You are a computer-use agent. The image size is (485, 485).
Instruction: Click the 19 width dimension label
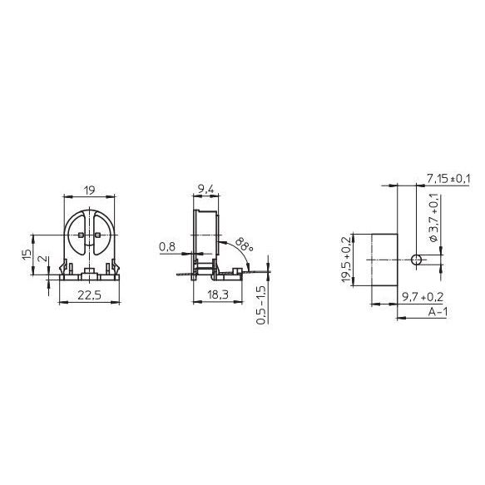tap(89, 191)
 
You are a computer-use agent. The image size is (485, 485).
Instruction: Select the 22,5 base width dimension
tap(89, 295)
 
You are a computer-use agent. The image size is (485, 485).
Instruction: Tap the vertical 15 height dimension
tap(27, 255)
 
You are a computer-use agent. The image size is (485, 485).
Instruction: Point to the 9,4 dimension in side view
tap(205, 189)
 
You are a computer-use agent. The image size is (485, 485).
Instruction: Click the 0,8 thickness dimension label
tap(167, 247)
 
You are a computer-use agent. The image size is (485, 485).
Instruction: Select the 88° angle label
tap(245, 245)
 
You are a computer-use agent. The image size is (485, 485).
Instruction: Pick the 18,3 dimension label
tap(218, 294)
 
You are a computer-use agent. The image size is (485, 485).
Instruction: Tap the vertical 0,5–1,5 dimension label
tap(261, 304)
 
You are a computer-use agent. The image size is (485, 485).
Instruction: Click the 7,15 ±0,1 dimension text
tap(448, 179)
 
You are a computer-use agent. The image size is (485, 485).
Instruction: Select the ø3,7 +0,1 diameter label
tap(434, 217)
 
